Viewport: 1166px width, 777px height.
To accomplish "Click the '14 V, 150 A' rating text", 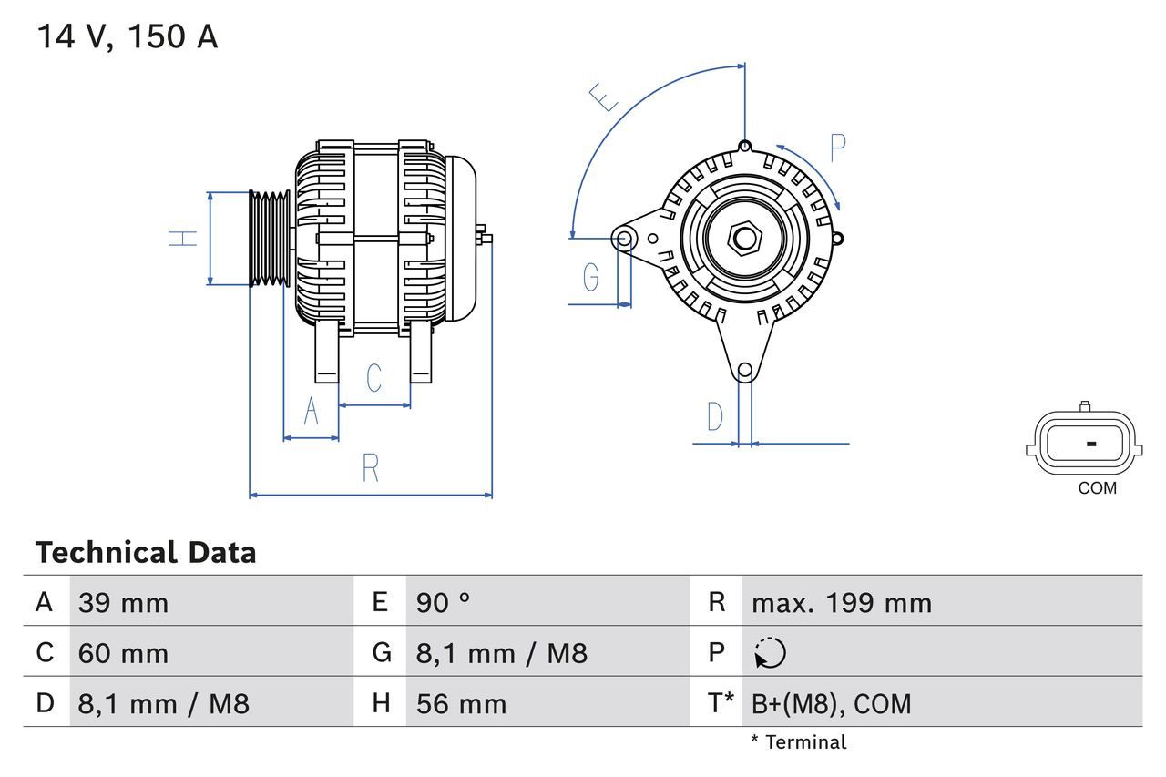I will click(x=127, y=36).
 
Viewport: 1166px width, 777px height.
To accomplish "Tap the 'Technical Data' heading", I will click(x=146, y=552).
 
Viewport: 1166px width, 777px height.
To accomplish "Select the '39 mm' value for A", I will click(x=123, y=603).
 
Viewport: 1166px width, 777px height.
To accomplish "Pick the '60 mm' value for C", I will click(x=123, y=653).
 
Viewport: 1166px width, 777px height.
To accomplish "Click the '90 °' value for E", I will click(x=444, y=603).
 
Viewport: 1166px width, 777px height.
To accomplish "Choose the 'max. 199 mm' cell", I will click(x=841, y=603).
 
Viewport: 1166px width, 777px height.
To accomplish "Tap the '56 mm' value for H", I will click(x=461, y=703).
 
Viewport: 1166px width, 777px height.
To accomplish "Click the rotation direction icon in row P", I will click(x=770, y=653).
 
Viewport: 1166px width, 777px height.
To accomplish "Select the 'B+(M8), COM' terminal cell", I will click(x=831, y=703).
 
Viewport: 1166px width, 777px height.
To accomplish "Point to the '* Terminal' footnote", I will click(x=798, y=742).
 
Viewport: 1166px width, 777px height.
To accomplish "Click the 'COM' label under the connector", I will click(x=1097, y=488).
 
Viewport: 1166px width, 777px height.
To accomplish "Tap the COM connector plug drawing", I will click(x=1082, y=444).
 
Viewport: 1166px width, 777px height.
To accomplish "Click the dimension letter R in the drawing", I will click(x=370, y=467).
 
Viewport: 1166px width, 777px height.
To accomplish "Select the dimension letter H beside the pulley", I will click(x=184, y=239).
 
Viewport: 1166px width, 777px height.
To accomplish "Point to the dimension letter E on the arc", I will click(x=604, y=97).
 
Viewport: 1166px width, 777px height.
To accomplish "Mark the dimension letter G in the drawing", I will click(x=591, y=276).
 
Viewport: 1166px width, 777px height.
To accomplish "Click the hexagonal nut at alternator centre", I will click(x=745, y=239).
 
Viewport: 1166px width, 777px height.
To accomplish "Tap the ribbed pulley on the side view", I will click(x=270, y=239).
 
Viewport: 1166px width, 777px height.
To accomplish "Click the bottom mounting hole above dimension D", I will click(x=745, y=370).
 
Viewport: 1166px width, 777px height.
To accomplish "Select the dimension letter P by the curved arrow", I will click(x=838, y=147).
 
